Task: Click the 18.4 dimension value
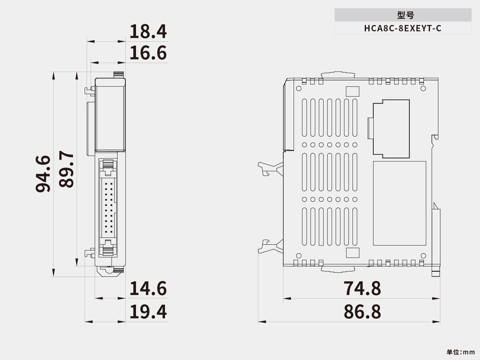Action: click(x=148, y=32)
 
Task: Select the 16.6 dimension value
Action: click(x=148, y=53)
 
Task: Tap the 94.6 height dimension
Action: click(x=43, y=174)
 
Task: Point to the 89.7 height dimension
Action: click(x=66, y=169)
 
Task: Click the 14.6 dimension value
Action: click(x=148, y=288)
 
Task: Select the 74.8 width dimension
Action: click(x=362, y=288)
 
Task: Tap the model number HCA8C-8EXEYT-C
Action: click(x=403, y=28)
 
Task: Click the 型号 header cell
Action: click(x=403, y=15)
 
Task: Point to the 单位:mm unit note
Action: click(x=460, y=352)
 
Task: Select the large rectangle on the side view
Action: click(x=399, y=203)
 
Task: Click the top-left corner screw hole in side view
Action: click(x=299, y=88)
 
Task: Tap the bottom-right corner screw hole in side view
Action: click(x=423, y=256)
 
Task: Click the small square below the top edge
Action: click(x=353, y=91)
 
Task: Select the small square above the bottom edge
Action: click(x=353, y=253)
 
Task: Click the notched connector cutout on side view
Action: click(x=391, y=129)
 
